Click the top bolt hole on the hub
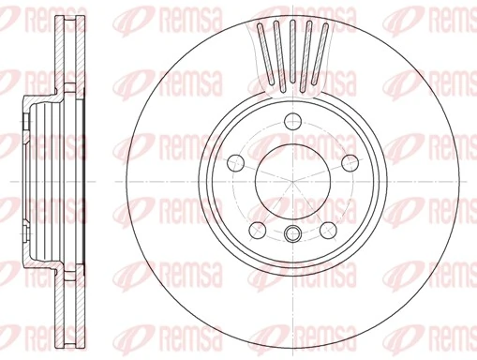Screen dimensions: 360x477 click(292, 119)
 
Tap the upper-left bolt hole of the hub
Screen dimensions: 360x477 click(234, 160)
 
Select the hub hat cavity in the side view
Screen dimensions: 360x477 click(42, 178)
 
